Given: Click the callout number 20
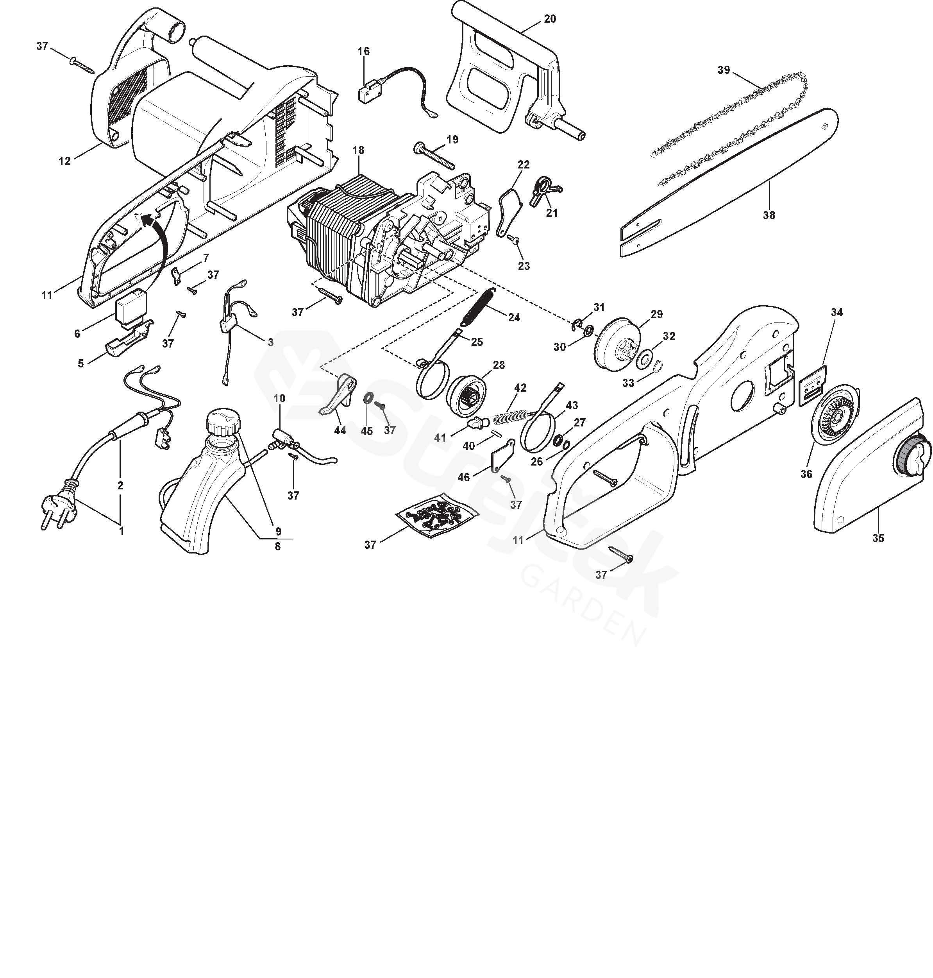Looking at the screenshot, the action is coord(550,19).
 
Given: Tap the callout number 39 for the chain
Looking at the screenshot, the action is coord(724,70).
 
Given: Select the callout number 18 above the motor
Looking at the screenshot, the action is coord(358,150).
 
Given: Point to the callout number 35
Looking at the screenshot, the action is coord(878,538).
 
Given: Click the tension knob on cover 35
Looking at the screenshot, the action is coord(913,458).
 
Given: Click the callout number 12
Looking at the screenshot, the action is coord(64,161).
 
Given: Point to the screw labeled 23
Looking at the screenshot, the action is coord(514,240).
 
